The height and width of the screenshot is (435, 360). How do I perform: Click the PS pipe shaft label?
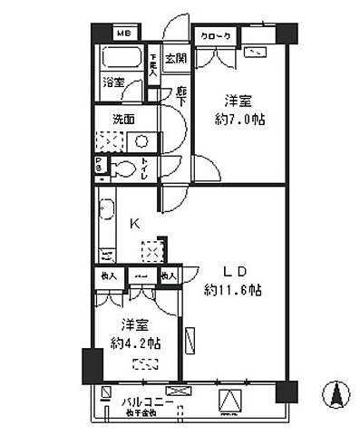(x=99, y=165)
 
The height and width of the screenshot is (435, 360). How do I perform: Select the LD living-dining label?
(x=232, y=271)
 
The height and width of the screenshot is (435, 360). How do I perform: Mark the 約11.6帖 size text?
(x=233, y=290)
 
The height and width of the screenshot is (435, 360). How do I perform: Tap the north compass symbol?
(x=336, y=395)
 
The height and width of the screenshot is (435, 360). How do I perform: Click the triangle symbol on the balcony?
(x=230, y=398)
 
